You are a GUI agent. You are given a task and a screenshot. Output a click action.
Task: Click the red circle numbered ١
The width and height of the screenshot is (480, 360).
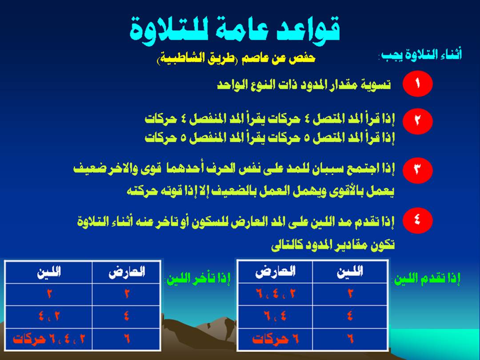tap(417, 84)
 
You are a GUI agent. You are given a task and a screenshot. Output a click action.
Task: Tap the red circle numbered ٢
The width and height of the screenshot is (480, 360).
tap(417, 121)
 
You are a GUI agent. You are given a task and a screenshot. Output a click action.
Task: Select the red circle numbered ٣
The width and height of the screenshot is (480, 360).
tap(417, 170)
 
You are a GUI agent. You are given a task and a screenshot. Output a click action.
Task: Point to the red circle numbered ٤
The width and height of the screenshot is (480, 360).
tap(417, 220)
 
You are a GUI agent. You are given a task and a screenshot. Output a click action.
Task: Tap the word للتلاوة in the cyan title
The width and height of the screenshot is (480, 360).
tap(166, 31)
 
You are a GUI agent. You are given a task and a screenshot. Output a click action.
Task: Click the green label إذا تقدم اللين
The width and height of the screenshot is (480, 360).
tap(427, 279)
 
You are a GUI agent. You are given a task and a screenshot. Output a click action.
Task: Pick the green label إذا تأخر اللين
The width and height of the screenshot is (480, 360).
tap(198, 278)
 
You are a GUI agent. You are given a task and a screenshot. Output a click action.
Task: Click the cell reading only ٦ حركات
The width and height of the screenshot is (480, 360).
tap(275, 339)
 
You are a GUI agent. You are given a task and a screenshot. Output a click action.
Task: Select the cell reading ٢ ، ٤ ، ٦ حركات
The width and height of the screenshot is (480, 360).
tap(49, 339)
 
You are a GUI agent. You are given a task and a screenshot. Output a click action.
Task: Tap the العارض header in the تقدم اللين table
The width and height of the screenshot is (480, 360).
tap(275, 272)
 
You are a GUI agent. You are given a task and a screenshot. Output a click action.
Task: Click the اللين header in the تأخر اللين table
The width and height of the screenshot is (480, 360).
tap(49, 272)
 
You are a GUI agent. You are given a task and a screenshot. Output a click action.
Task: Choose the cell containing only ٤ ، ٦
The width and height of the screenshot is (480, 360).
tap(275, 316)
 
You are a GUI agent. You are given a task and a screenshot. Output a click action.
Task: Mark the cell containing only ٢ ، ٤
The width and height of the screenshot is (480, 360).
tap(49, 316)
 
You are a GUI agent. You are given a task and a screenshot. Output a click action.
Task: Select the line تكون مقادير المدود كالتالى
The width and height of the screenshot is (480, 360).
tap(333, 245)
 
